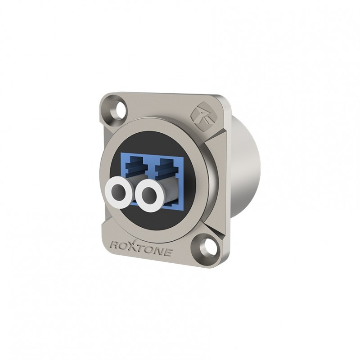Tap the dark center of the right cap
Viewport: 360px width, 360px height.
(148, 195)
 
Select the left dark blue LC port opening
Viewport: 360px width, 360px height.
(138, 166)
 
